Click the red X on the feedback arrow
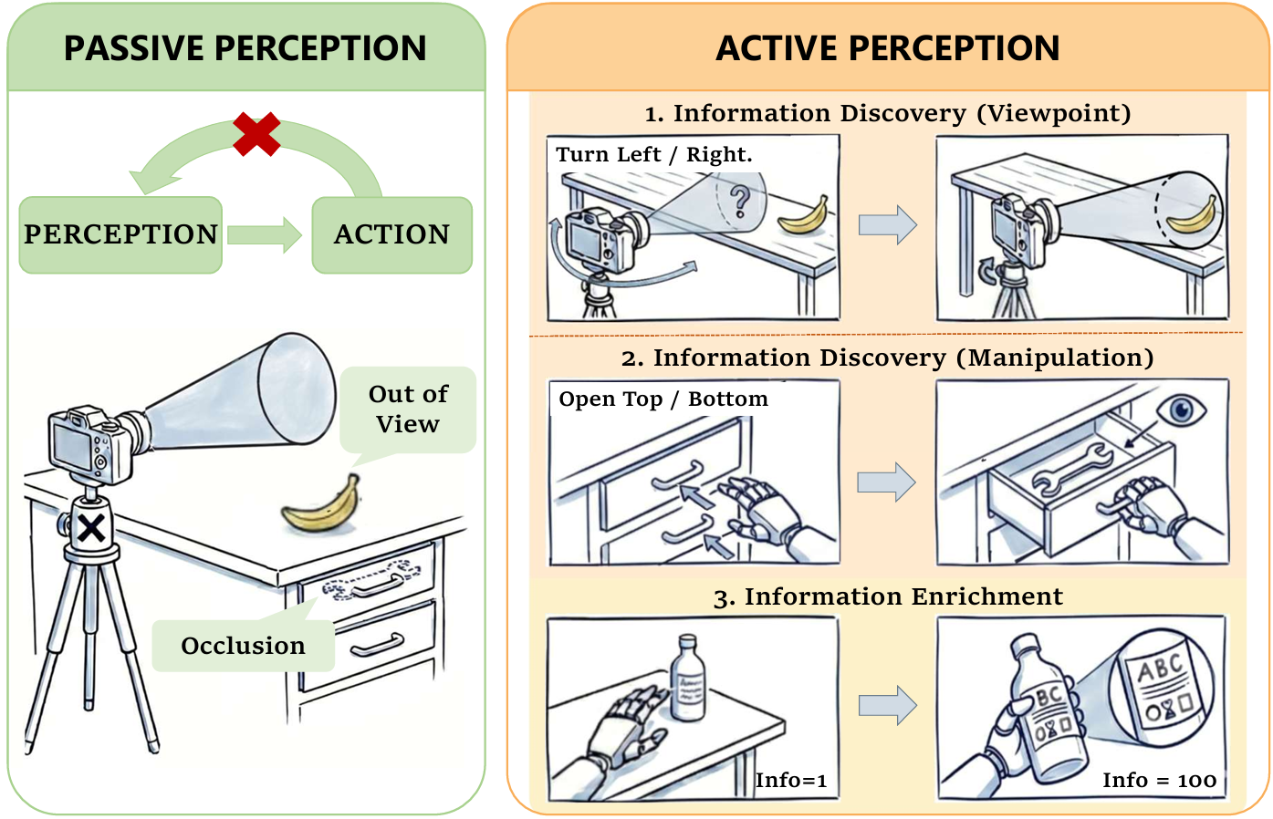[256, 134]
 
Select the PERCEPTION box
[120, 234]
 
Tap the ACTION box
[392, 234]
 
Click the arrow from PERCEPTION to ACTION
[265, 235]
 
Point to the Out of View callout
[408, 409]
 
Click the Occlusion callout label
[243, 646]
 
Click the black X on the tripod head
[91, 527]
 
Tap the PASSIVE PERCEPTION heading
[245, 48]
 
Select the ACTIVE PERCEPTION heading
[888, 48]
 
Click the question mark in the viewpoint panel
[740, 201]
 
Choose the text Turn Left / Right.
[654, 155]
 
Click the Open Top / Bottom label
[663, 399]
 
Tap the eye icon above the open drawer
[1182, 409]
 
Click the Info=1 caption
[791, 781]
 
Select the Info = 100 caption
[1159, 781]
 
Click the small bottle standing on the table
[689, 679]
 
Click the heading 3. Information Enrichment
[888, 596]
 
